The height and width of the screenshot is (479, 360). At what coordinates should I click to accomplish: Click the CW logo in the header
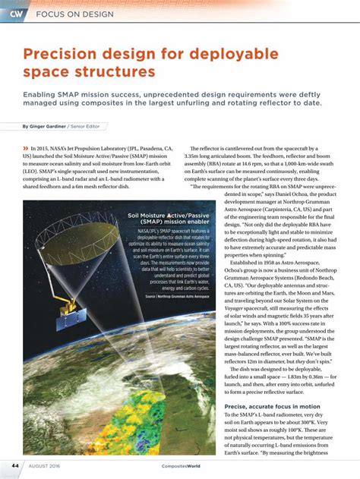(x=15, y=13)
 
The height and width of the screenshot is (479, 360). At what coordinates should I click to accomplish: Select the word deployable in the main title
(x=227, y=55)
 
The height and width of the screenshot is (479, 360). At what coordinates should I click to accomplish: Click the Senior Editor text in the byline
(x=88, y=126)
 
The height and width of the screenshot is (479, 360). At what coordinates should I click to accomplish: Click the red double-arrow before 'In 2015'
(x=27, y=149)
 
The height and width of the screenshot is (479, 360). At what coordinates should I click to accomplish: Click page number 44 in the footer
(x=14, y=465)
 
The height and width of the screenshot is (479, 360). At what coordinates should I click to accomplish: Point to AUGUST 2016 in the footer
(x=46, y=465)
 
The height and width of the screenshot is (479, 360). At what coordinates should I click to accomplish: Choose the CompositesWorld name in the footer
(x=180, y=466)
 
